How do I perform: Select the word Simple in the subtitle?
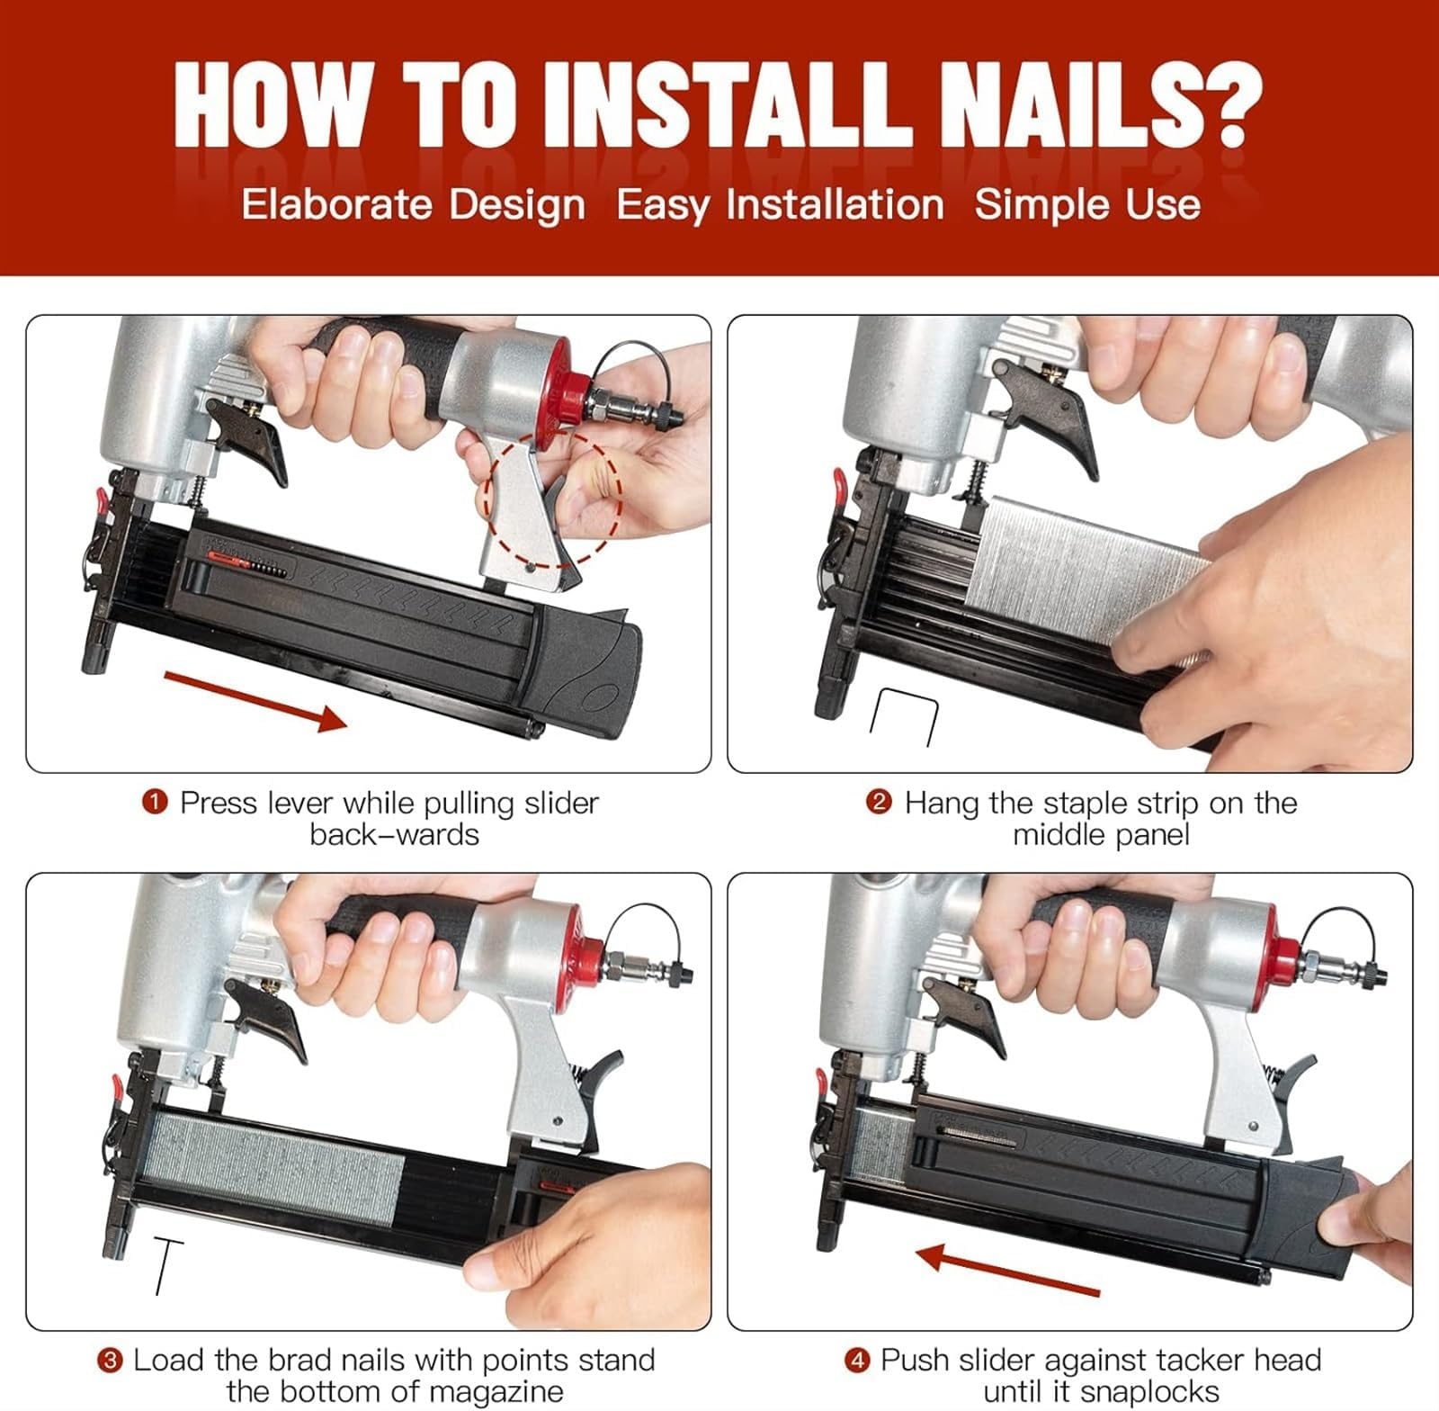point(1031,205)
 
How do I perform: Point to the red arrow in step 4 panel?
point(1007,1269)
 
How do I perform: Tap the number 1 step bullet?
point(156,802)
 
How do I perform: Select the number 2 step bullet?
point(879,802)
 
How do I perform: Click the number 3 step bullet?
point(110,1360)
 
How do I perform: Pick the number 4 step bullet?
point(856,1360)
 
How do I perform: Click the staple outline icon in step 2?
point(904,717)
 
